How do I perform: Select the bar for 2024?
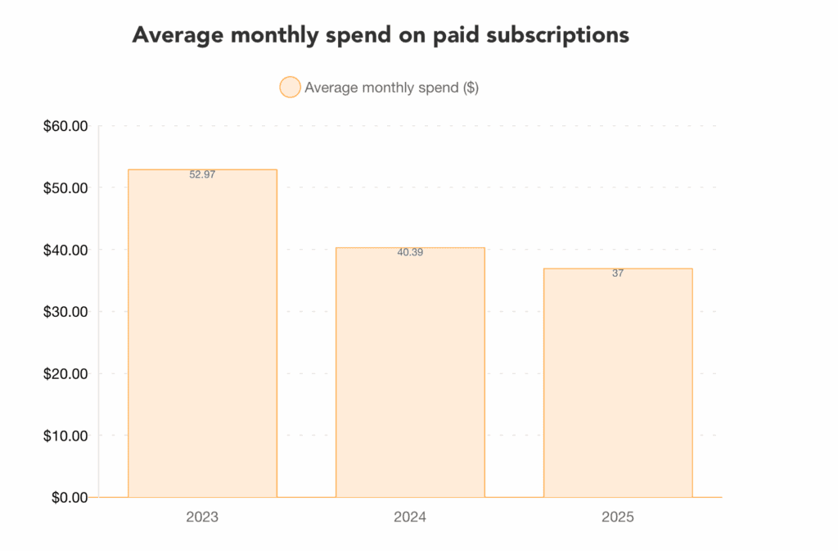(x=410, y=373)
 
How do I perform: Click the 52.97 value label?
(x=202, y=174)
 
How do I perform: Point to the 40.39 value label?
(x=410, y=252)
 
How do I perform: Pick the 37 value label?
(x=618, y=273)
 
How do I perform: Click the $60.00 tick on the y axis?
(x=65, y=126)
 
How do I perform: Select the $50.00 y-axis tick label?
(x=65, y=187)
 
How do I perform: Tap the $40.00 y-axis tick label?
(x=65, y=250)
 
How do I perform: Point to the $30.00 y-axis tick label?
(x=65, y=312)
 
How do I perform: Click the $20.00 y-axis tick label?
(x=65, y=373)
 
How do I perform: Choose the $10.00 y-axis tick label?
(x=65, y=436)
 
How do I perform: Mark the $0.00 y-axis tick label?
(x=68, y=497)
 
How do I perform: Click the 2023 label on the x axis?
(x=202, y=517)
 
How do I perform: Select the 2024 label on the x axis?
(x=410, y=517)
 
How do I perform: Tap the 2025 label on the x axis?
(x=618, y=517)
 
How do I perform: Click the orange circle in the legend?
(x=290, y=88)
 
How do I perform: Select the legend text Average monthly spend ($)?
(x=391, y=88)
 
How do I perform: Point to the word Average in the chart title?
(x=173, y=36)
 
